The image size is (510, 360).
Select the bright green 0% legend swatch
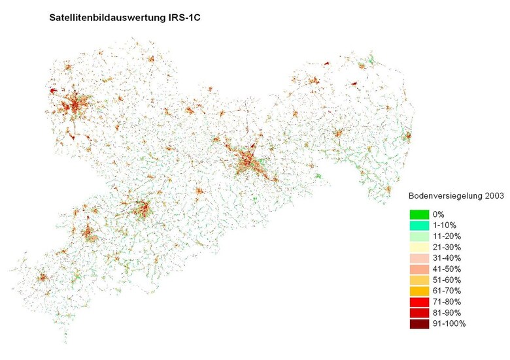pos(420,214)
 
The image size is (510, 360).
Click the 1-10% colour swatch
pos(420,225)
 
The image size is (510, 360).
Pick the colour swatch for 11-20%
pos(420,237)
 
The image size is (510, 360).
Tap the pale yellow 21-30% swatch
pos(420,247)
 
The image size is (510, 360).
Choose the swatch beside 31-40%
pos(420,258)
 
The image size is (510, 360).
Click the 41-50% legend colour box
pos(420,269)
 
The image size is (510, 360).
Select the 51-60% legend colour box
pos(420,280)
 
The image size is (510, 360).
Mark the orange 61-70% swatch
pos(420,291)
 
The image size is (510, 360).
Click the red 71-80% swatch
pos(420,302)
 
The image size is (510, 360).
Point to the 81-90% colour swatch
pos(420,313)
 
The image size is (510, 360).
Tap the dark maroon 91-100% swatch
pos(420,324)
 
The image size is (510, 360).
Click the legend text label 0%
pos(439,214)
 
